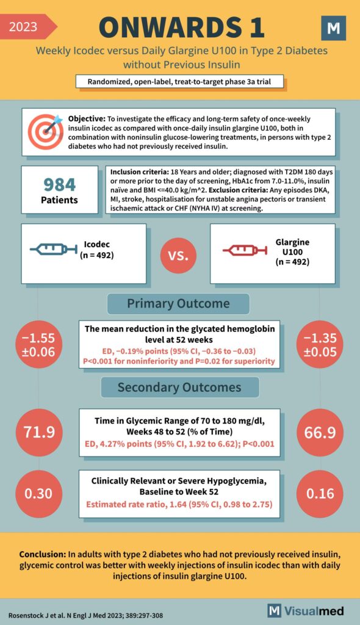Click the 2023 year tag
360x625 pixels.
[24, 26]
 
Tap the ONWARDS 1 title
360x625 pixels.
[181, 27]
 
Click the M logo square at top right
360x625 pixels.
[333, 29]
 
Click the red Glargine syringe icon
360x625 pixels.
[244, 250]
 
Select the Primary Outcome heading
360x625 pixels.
[178, 303]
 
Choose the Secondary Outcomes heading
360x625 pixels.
[179, 387]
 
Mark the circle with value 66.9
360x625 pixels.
[321, 432]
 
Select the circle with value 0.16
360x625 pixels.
[321, 493]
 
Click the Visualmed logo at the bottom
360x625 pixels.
[306, 610]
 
